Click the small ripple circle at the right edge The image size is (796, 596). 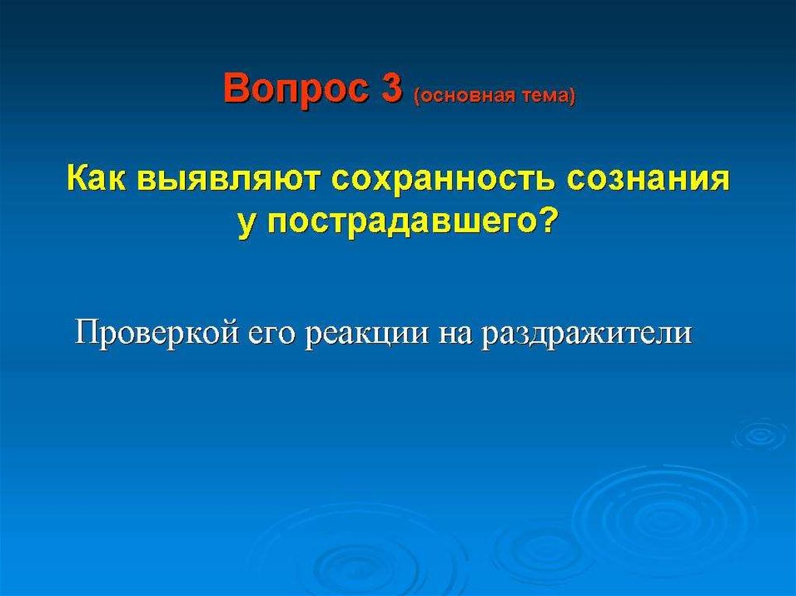pos(761,434)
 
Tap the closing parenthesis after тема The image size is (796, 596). pos(573,96)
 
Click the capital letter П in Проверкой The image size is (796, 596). pos(86,333)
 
